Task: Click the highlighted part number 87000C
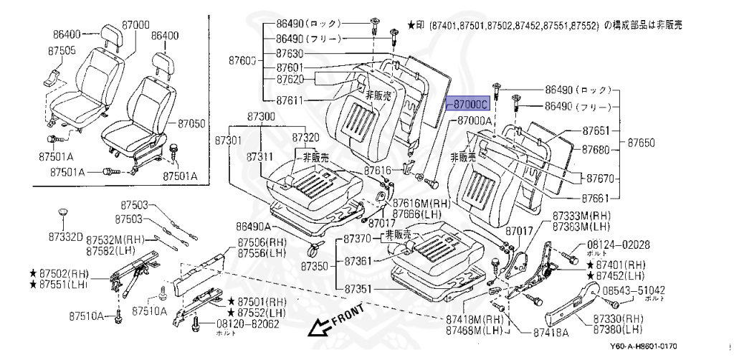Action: tap(470, 104)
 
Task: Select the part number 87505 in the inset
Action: tap(62, 51)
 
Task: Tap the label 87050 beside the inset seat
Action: tap(191, 123)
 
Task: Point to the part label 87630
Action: tap(290, 54)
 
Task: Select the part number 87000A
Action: tap(475, 121)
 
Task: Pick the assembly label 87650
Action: tap(642, 143)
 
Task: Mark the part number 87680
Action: tap(596, 149)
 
